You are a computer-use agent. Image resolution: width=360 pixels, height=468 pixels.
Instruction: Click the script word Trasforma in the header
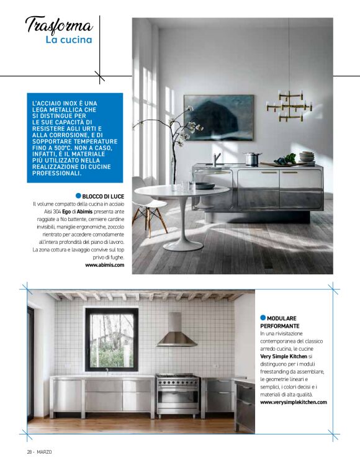pos(59,26)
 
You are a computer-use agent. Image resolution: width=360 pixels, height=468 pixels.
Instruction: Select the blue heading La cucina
pos(68,40)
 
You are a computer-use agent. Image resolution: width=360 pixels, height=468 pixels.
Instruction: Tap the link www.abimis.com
pos(105,265)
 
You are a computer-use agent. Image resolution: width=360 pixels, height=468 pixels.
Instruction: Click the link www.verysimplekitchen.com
pos(293,402)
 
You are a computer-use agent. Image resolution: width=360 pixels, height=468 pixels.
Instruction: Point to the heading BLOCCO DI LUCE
pos(103,196)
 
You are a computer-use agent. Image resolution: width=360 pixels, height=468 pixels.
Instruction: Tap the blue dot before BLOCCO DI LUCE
pos(78,196)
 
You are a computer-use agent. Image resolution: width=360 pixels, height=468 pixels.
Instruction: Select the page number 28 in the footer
pos(29,451)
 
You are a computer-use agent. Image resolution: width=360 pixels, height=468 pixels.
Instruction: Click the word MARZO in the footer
pos(45,451)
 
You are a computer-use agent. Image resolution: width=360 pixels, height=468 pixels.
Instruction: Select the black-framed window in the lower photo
pos(111,340)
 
